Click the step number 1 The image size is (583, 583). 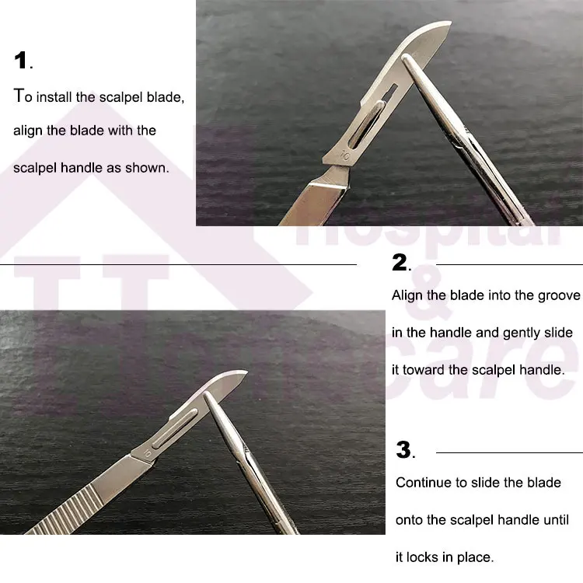tap(21, 61)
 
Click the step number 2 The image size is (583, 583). tap(400, 264)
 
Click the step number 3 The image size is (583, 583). tap(403, 449)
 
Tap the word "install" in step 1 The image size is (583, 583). tap(69, 97)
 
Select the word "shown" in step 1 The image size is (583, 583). tap(148, 167)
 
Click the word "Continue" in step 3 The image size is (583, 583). tap(424, 482)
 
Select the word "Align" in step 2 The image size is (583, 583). tap(407, 295)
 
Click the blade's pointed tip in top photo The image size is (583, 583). tap(449, 24)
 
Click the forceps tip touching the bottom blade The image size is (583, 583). tap(208, 396)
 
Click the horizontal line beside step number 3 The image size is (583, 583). tap(509, 452)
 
